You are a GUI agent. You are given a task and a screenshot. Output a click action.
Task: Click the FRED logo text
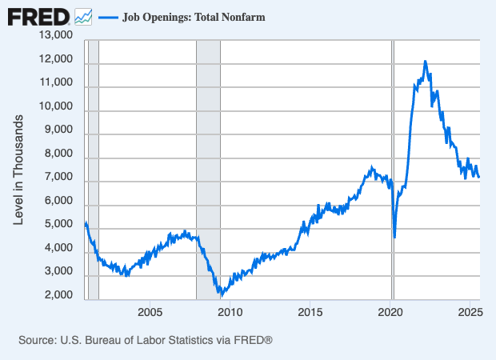click(x=38, y=16)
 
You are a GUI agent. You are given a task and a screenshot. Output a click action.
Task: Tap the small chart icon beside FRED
click(x=83, y=16)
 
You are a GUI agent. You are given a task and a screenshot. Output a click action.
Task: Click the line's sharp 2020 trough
click(x=395, y=237)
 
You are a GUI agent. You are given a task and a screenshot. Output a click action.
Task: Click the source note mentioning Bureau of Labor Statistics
click(x=146, y=340)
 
